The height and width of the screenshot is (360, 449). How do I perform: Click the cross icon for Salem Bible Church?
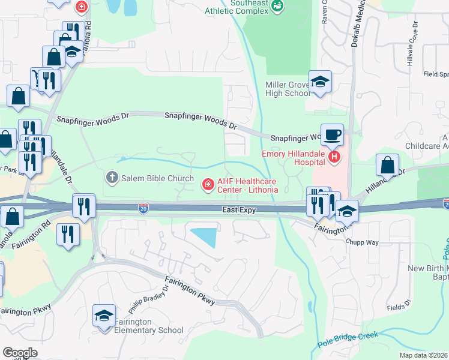[112, 177]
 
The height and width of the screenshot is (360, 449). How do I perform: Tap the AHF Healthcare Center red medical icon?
[208, 184]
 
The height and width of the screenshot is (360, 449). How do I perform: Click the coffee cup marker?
[332, 134]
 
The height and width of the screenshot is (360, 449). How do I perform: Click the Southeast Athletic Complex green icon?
[277, 6]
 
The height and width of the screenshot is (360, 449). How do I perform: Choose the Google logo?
[20, 353]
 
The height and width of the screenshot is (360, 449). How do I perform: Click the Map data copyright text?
[423, 355]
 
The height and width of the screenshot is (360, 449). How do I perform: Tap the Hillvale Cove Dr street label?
[411, 50]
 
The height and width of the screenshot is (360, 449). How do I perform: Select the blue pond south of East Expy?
[205, 236]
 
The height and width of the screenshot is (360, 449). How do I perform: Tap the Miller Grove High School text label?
[288, 89]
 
